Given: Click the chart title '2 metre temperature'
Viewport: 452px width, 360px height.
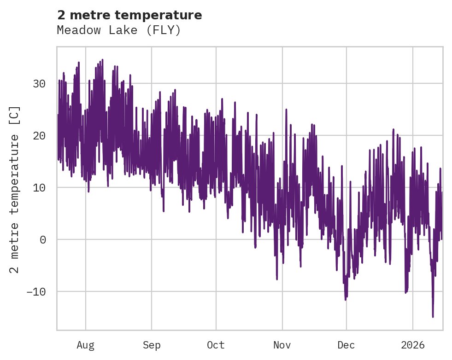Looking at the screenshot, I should [x=129, y=15].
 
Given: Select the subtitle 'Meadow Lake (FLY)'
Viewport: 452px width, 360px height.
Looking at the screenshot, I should [x=119, y=30].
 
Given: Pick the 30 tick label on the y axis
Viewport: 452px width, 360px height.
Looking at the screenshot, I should [x=39, y=84].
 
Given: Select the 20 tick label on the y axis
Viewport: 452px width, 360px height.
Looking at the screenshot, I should [x=39, y=136].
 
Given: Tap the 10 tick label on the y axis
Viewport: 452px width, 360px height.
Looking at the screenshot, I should [x=39, y=188].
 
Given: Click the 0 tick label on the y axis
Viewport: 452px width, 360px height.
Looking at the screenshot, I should [x=42, y=240].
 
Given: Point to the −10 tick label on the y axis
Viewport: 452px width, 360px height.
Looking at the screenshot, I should [x=36, y=292].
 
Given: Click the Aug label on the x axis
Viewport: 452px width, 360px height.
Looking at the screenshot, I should [x=86, y=345].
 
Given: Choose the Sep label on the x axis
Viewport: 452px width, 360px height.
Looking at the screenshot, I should [x=151, y=345].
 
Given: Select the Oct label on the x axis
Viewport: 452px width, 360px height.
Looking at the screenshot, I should [x=216, y=345].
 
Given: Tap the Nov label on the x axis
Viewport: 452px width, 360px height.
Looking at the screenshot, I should [x=282, y=345].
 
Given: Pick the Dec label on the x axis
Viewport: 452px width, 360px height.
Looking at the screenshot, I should [x=346, y=345].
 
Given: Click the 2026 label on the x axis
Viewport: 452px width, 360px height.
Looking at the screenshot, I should [x=413, y=345].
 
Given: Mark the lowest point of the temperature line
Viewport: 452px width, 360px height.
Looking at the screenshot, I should [x=433, y=316].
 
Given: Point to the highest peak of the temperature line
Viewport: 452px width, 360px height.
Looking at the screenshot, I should [x=102, y=60].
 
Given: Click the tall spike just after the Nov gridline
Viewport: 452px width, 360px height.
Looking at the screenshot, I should [x=286, y=110].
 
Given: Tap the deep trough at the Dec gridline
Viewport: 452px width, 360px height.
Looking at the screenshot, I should [x=346, y=299].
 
